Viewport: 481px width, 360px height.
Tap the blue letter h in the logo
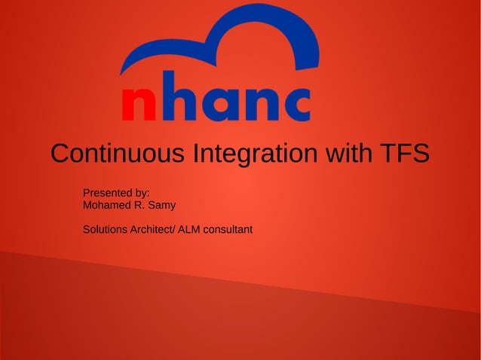coord(182,99)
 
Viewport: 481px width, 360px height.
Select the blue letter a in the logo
coord(222,106)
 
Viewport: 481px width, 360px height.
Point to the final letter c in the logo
coord(294,106)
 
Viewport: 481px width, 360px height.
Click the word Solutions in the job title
coord(105,229)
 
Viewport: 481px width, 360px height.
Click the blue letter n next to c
coord(260,106)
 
